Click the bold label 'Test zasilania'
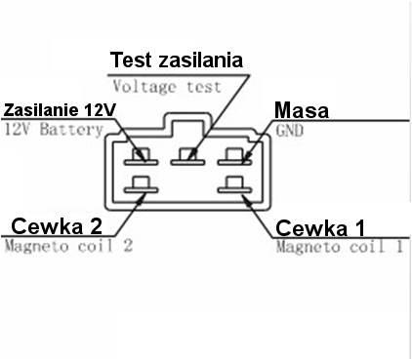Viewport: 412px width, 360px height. (x=177, y=60)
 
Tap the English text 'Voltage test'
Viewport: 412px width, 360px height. (x=166, y=85)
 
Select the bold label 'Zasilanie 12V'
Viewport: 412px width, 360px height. (x=53, y=109)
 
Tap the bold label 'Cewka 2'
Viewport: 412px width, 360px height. (x=56, y=226)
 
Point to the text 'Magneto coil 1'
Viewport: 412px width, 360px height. (x=338, y=248)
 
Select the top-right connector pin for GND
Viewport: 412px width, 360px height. (x=230, y=154)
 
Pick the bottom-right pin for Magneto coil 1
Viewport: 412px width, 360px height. (x=230, y=182)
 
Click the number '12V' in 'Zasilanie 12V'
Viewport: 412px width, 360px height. (x=87, y=109)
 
